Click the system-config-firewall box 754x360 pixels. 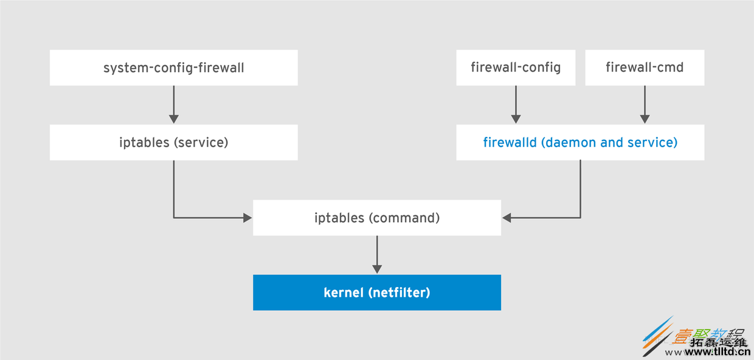pos(173,67)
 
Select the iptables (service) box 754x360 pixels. pos(173,143)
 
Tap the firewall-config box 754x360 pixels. pos(516,67)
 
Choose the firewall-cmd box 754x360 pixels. pos(645,67)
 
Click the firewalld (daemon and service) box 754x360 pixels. pos(580,143)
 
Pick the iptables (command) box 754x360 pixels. pos(377,218)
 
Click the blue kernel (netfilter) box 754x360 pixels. pos(377,292)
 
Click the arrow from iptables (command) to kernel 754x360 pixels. pos(377,255)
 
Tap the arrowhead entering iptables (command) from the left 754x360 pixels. pos(247,218)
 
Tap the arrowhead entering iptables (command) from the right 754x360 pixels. pos(507,218)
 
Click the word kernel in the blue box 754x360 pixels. pos(344,292)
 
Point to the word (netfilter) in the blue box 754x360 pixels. pos(399,292)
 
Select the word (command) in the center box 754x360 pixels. pos(404,218)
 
